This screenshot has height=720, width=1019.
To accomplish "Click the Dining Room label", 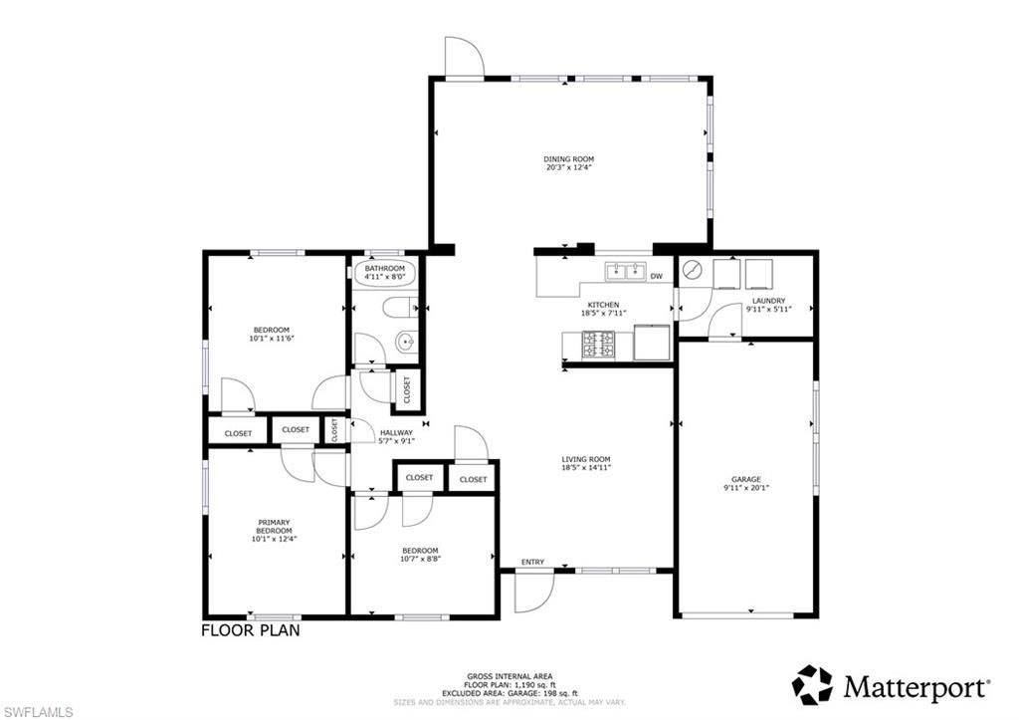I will pos(568,159).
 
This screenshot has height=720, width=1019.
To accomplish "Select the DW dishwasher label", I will pos(656,276).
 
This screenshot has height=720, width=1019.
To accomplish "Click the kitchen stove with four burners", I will pos(597,345).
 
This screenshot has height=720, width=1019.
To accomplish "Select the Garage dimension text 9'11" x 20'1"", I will pos(745,488).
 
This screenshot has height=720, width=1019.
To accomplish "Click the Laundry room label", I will pos(768,301).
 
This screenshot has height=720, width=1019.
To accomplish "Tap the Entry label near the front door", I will pos(532,563).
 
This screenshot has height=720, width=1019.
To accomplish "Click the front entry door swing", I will pos(533,595).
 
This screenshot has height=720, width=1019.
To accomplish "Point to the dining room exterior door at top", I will pos(464,57).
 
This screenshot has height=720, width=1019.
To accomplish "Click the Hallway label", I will pos(397,432).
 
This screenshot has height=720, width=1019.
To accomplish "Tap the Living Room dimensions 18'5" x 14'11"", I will pos(586,466).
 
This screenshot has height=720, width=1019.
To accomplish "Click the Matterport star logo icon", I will pos(812,685).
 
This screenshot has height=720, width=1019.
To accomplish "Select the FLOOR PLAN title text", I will pos(250,630).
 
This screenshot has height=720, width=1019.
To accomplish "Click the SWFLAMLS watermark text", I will pos(38,711).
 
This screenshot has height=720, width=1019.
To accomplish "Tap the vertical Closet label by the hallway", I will pos(335,429).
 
